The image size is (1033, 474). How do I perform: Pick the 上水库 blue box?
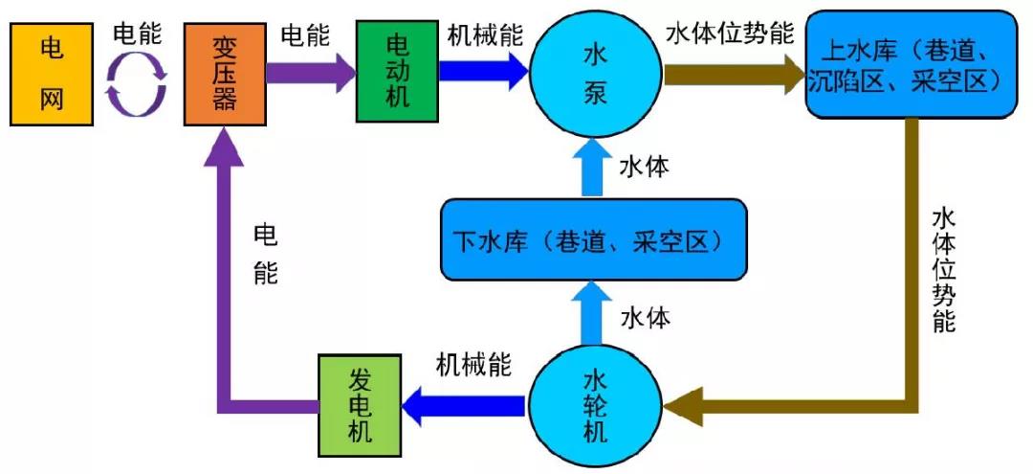[908, 66]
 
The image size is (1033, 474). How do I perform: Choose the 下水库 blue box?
[593, 240]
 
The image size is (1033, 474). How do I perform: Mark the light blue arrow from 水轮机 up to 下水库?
[593, 316]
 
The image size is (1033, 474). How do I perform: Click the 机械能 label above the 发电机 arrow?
[473, 364]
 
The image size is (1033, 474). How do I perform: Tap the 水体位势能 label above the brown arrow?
[731, 34]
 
